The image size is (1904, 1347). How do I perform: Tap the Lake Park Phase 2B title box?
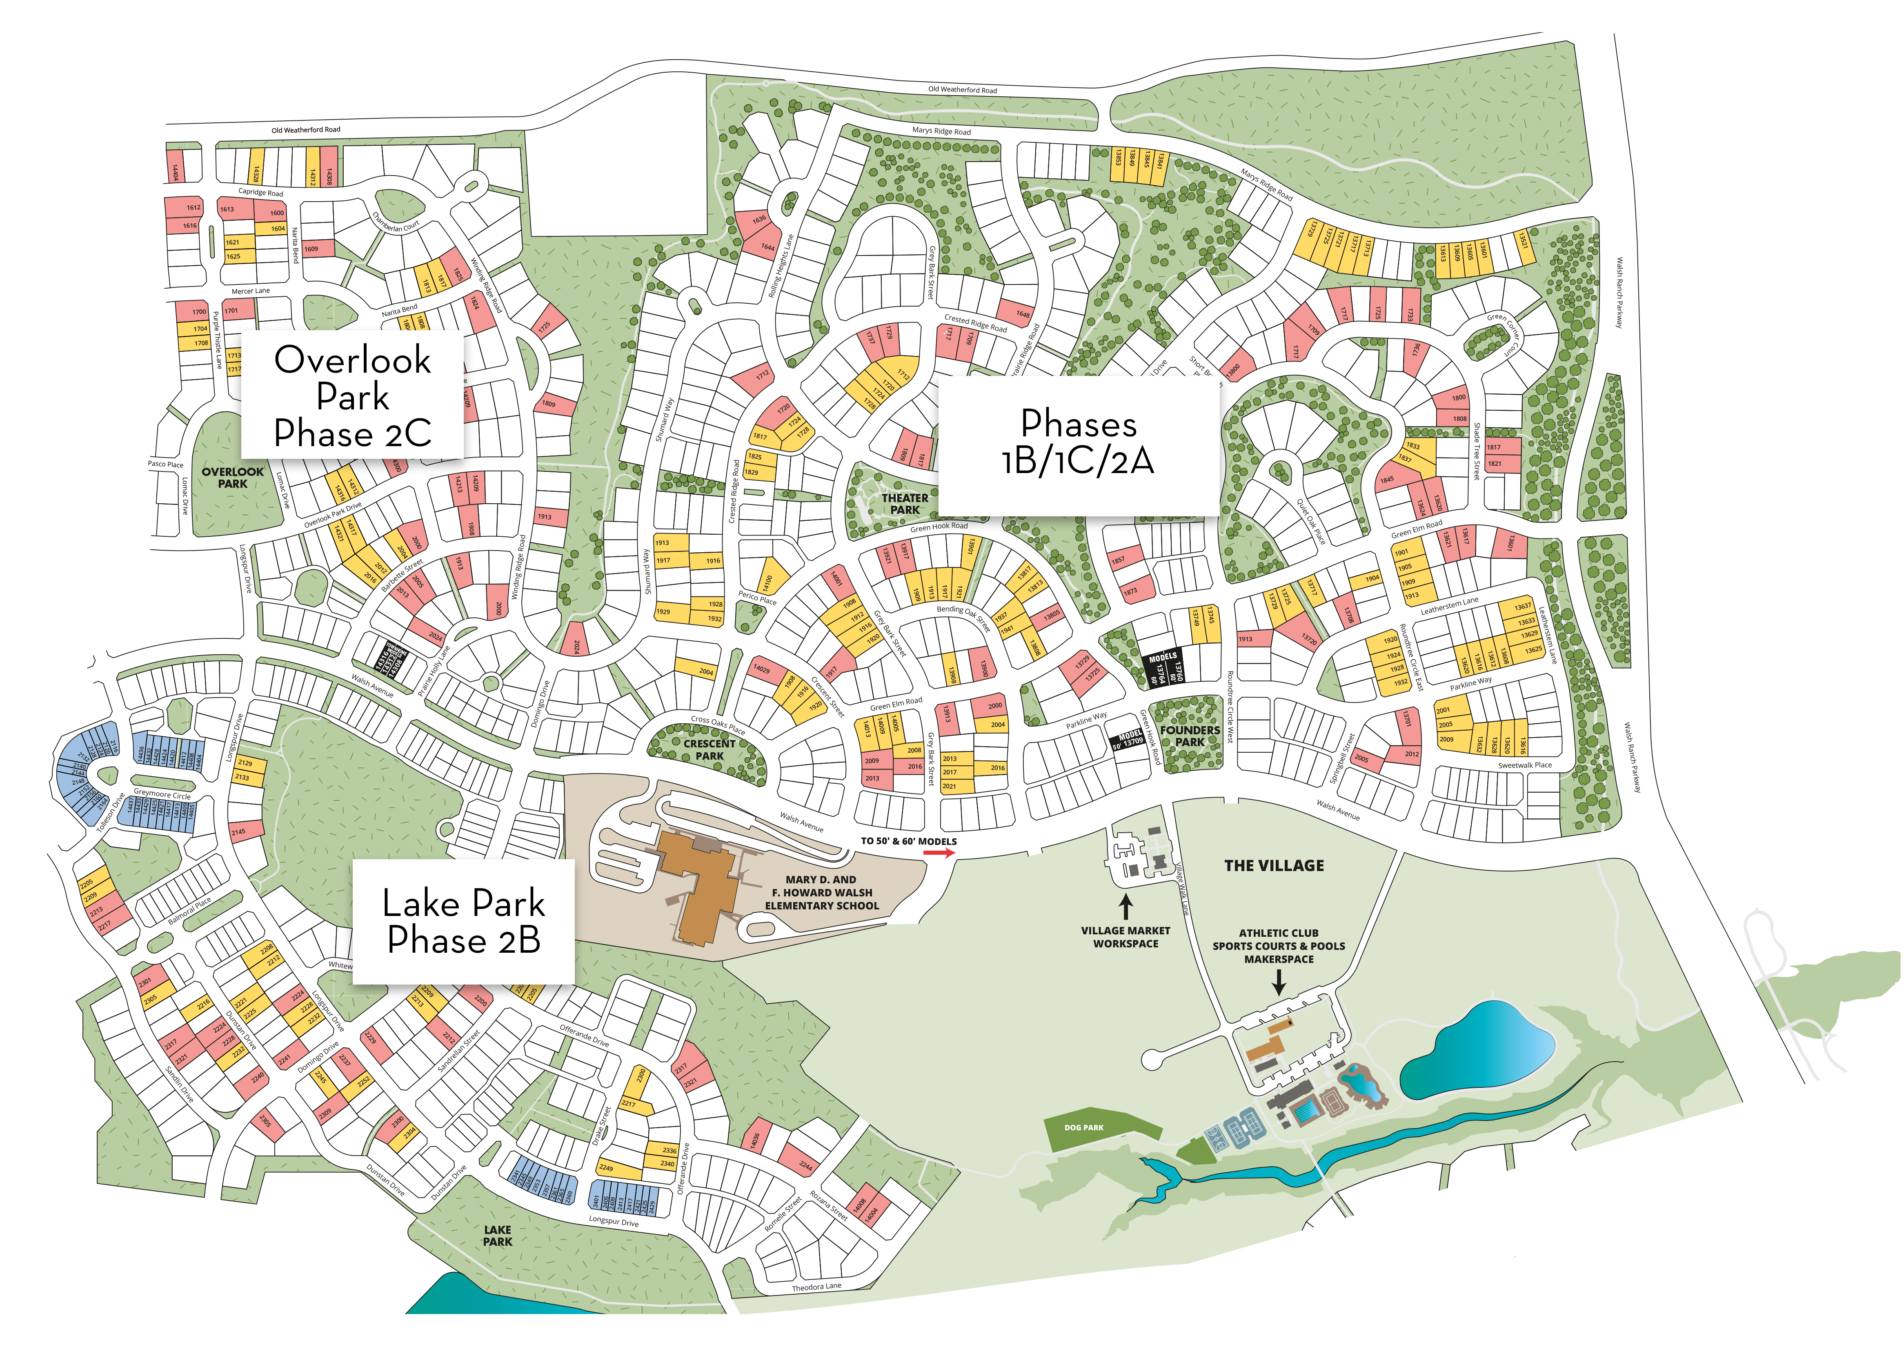[464, 922]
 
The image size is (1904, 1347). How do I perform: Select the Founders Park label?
[1190, 736]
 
